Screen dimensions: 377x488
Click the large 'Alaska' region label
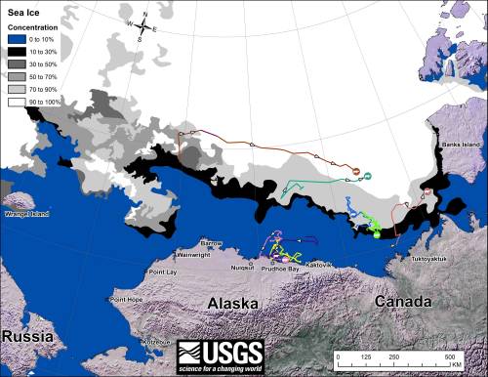234,304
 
